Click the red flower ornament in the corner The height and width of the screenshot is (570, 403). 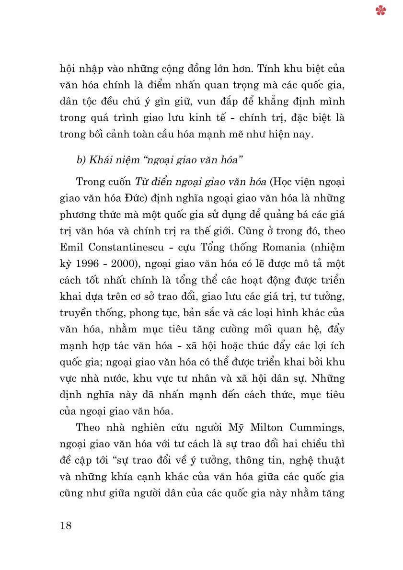point(381,11)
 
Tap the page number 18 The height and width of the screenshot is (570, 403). point(66,525)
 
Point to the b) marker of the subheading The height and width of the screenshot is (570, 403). point(81,160)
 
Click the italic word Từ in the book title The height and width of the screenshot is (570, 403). point(138,182)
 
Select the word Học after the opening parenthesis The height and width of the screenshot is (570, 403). point(286,182)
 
